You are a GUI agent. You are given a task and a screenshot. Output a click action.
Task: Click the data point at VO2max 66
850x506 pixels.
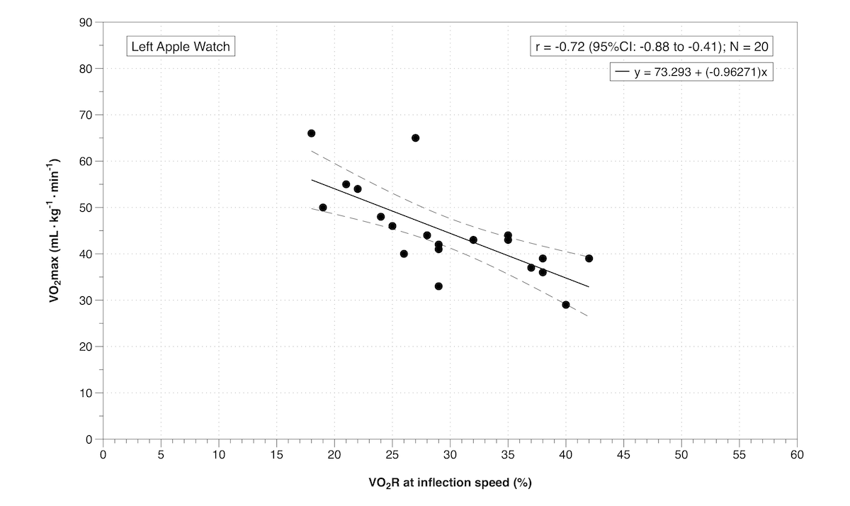pyautogui.click(x=311, y=133)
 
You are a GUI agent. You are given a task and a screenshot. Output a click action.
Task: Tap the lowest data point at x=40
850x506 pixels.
pyautogui.click(x=566, y=305)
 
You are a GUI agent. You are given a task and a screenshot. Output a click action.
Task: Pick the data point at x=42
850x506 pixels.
pyautogui.click(x=589, y=259)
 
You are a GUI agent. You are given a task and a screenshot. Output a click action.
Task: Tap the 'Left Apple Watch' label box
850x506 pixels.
pyautogui.click(x=180, y=47)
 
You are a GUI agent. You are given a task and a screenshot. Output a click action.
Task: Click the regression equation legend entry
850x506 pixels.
pyautogui.click(x=691, y=72)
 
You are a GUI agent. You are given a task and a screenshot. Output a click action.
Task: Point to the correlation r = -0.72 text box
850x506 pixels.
pyautogui.click(x=652, y=47)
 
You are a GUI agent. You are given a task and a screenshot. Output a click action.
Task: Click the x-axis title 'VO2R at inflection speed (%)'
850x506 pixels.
pyautogui.click(x=450, y=484)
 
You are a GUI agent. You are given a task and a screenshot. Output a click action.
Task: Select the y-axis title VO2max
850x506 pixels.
pyautogui.click(x=55, y=231)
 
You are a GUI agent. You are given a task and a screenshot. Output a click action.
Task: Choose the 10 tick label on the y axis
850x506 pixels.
pyautogui.click(x=87, y=393)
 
